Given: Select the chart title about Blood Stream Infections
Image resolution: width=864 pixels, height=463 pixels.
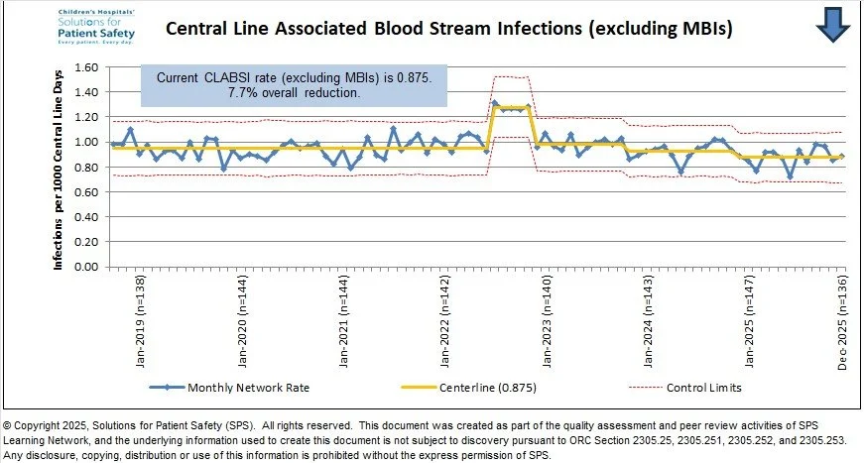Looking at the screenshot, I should pos(448,29).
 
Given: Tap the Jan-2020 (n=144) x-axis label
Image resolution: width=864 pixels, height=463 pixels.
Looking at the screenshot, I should pos(242,322).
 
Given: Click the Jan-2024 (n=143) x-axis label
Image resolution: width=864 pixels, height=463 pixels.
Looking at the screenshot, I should pos(649,322).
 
